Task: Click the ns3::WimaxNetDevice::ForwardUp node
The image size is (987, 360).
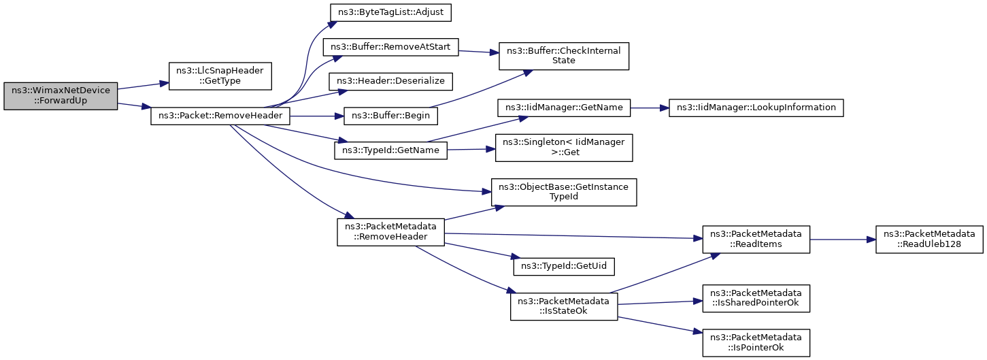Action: (x=61, y=96)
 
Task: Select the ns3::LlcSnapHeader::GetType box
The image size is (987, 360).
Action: (x=220, y=76)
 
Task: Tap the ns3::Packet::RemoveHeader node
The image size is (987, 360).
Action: (x=220, y=116)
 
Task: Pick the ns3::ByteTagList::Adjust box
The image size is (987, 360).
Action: (x=390, y=12)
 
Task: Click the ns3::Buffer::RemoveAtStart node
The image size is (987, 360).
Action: (x=390, y=47)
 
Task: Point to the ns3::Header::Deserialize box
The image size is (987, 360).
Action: (x=390, y=82)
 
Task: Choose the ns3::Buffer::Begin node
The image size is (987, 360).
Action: (x=390, y=116)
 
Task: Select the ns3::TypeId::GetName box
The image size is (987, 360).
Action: (x=390, y=150)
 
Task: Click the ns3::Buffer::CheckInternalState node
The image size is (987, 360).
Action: (x=563, y=56)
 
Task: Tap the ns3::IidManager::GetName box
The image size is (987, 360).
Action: (x=563, y=108)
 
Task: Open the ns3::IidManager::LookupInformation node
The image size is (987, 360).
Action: (x=756, y=108)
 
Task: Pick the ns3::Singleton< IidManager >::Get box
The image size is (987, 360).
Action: (x=563, y=148)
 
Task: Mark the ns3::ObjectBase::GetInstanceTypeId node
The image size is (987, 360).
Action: (x=563, y=192)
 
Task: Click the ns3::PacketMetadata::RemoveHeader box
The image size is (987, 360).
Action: (x=390, y=232)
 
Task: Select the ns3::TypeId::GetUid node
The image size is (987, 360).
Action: (x=563, y=267)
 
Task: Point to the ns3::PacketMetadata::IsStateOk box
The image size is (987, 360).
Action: (x=563, y=306)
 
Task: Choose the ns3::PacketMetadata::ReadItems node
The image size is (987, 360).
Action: (x=756, y=240)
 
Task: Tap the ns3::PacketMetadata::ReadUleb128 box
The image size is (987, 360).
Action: (x=929, y=240)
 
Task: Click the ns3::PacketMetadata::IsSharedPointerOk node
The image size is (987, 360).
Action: (x=756, y=298)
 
